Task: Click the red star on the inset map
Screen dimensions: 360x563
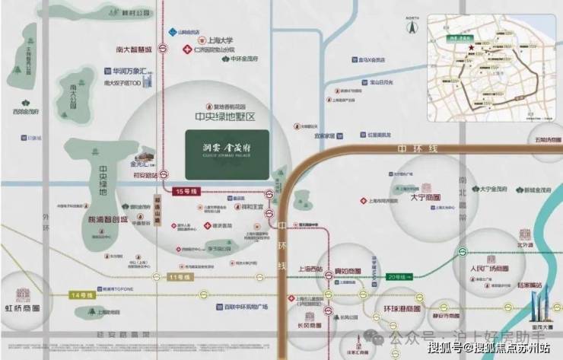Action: click(472, 49)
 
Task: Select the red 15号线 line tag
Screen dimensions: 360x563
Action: click(186, 190)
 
